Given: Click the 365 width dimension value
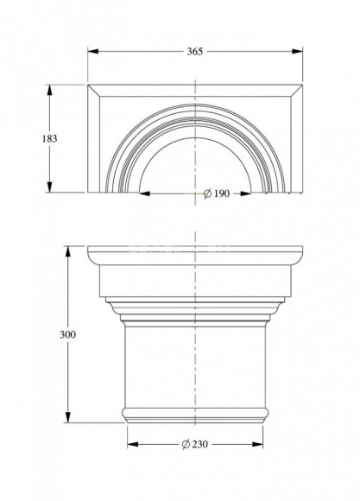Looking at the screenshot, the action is coord(195,52).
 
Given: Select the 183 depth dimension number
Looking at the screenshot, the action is coord(49,139).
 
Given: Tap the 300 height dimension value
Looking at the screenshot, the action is coord(67,334).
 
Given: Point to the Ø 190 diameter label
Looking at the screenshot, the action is coord(217,193).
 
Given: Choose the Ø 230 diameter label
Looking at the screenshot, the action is coord(195,444).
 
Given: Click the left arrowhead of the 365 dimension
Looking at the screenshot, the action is coord(93,51).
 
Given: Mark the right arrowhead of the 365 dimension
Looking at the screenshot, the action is coord(297,51).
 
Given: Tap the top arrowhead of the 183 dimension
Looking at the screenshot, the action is coord(49,90).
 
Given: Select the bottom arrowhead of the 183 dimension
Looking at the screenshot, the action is coord(49,187).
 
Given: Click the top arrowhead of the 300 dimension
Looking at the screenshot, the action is coord(67,251).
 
